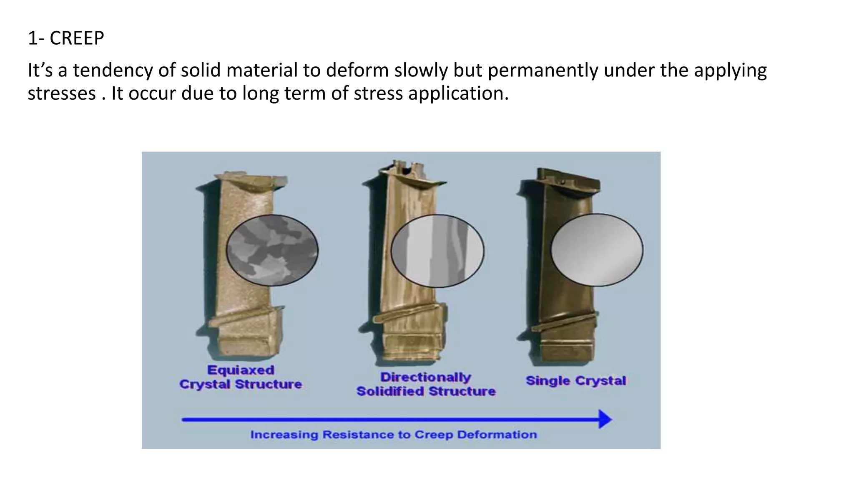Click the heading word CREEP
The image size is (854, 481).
point(77,38)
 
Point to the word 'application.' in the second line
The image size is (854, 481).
point(458,93)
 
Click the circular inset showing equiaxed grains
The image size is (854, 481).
point(272,250)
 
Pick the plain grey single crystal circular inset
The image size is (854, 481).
point(597,250)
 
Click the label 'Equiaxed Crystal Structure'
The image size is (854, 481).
point(241,377)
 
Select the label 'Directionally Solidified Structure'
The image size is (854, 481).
point(426,384)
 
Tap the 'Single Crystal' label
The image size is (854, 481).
point(575,381)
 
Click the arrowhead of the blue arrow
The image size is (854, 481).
point(605,419)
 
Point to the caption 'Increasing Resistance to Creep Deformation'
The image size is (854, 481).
point(393,435)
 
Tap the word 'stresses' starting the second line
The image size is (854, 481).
point(62,93)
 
